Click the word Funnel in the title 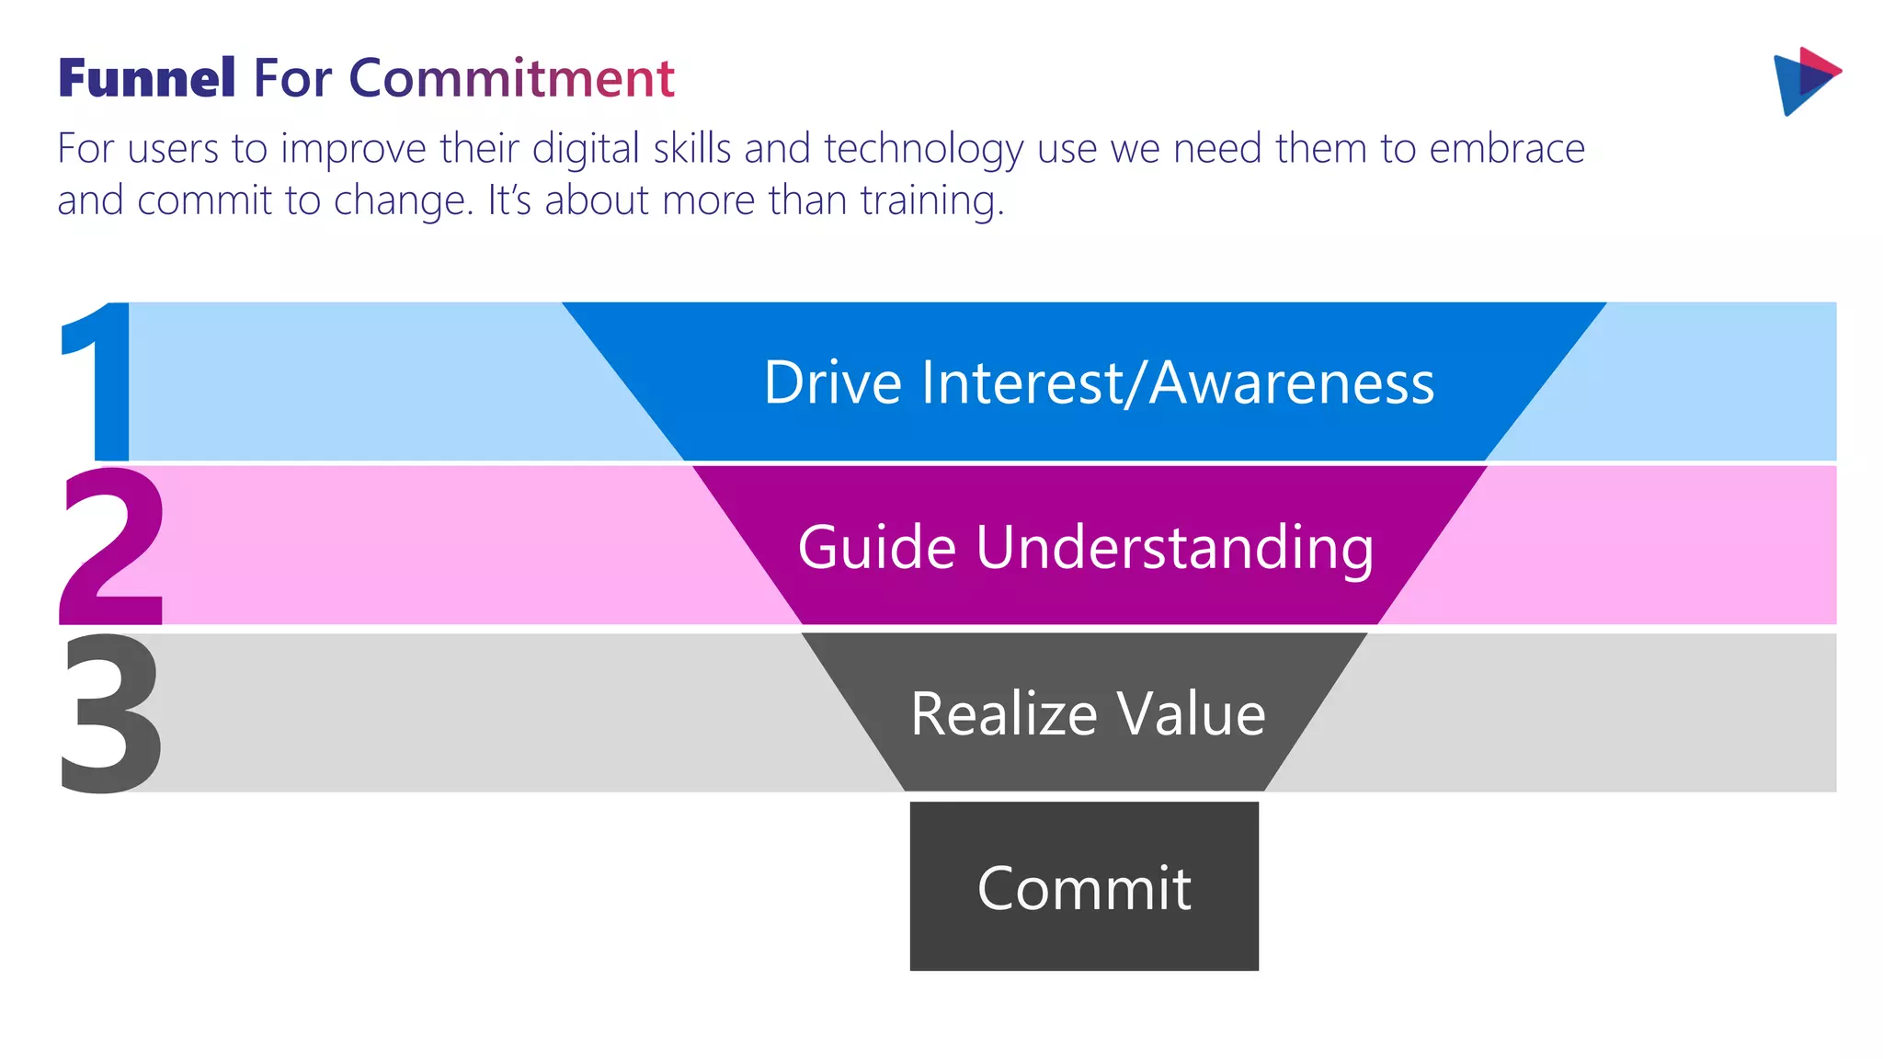(x=147, y=78)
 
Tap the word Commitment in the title (x=511, y=78)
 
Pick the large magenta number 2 (x=112, y=546)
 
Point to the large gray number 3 (x=110, y=712)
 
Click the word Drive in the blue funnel (x=833, y=382)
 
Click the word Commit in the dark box (x=1084, y=889)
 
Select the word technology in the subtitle (x=923, y=150)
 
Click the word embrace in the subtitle (x=1507, y=149)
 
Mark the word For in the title (x=291, y=78)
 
